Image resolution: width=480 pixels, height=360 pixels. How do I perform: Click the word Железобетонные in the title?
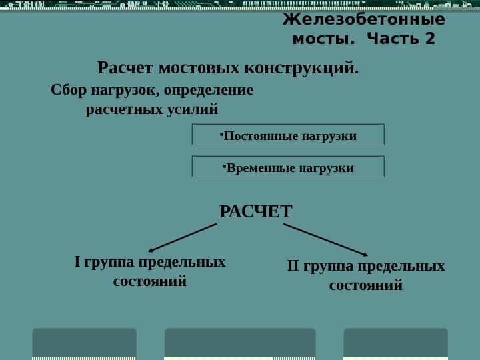[x=363, y=20]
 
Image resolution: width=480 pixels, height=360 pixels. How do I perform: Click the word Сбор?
[x=69, y=90]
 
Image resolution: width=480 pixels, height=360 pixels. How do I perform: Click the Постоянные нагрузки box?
[x=288, y=135]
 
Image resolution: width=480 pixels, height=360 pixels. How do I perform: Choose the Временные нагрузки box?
[x=288, y=167]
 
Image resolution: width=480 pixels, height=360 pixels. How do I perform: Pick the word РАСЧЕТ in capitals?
[x=256, y=212]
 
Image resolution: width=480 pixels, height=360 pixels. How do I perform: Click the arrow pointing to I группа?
[x=181, y=238]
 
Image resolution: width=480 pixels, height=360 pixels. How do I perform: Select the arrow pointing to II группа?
[x=325, y=239]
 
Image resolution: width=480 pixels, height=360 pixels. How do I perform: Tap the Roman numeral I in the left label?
[x=77, y=262]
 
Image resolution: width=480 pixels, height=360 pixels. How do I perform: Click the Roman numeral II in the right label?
[x=293, y=266]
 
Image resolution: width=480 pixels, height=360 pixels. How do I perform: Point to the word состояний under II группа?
[x=366, y=285]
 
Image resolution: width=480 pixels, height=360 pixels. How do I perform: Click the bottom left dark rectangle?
[x=84, y=343]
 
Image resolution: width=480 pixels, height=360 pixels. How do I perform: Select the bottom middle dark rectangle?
[x=240, y=343]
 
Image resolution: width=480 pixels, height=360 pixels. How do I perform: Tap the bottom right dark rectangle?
[x=395, y=343]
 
